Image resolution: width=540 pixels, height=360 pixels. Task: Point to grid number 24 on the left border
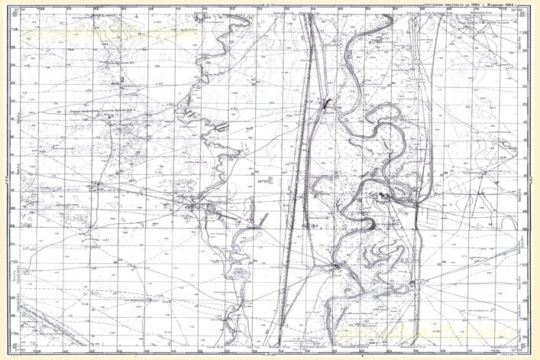[13, 65]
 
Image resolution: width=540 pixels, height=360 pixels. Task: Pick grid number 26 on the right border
[526, 47]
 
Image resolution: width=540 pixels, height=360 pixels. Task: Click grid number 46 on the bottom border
[150, 354]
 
